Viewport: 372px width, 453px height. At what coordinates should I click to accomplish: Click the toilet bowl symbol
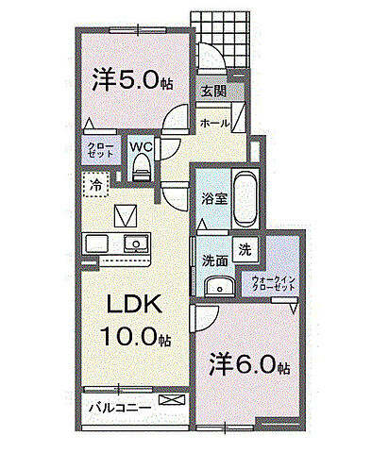tap(142, 167)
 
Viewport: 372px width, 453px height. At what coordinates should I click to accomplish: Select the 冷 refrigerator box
tap(95, 186)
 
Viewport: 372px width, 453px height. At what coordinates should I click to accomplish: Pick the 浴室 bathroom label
tap(212, 199)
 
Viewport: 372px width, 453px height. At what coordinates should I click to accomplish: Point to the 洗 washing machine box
tap(245, 250)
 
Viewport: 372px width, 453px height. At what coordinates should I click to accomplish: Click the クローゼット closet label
tap(97, 149)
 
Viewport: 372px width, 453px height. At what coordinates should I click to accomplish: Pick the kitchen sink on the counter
tap(136, 243)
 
